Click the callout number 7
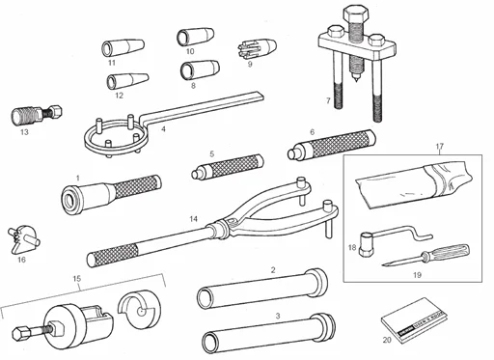pyautogui.click(x=328, y=101)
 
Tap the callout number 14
pyautogui.click(x=194, y=220)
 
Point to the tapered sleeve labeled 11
pyautogui.click(x=121, y=45)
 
